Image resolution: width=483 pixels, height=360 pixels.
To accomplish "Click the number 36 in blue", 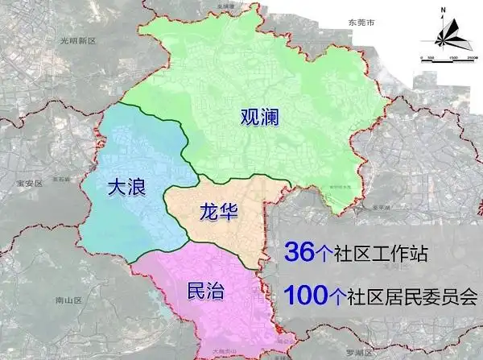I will (x=298, y=253).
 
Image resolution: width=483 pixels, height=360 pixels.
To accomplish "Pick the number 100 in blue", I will (x=305, y=296).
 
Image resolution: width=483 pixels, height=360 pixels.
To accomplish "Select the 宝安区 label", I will (x=28, y=184).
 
